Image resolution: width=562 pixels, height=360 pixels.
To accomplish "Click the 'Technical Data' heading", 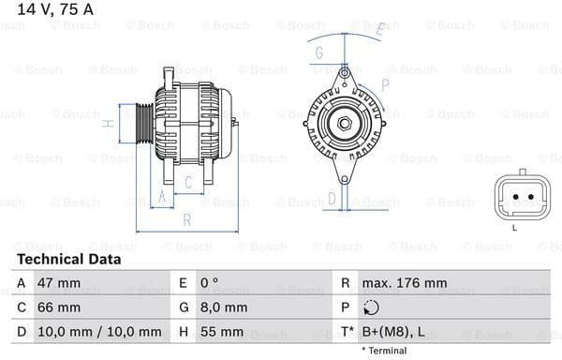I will [68, 259].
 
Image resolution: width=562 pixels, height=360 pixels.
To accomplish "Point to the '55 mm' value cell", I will [222, 332].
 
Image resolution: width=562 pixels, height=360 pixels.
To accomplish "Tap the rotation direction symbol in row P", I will [372, 307].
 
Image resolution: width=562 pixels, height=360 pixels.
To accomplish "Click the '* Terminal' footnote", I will [384, 351].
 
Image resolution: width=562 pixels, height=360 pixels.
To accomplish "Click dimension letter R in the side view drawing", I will [186, 220].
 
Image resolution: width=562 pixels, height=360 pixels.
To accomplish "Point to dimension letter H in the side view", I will [109, 123].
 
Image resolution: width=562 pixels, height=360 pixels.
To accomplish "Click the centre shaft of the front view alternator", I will [343, 123].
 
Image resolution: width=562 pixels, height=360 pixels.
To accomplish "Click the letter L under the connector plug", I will [514, 228].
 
